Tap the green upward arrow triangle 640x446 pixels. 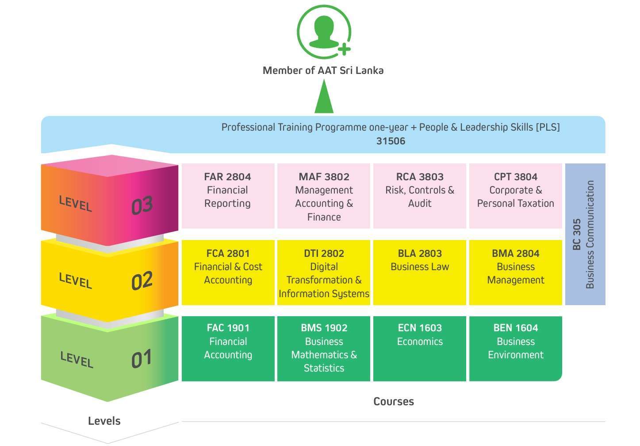[x=324, y=98]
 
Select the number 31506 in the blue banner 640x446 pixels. [x=391, y=141]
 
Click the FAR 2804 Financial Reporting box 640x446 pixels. [x=228, y=195]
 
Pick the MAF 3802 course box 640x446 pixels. [x=324, y=195]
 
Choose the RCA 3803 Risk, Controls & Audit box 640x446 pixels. [x=420, y=195]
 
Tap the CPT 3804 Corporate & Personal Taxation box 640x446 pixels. [x=515, y=195]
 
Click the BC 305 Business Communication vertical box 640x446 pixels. [x=585, y=234]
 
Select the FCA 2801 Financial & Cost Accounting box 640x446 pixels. [x=228, y=272]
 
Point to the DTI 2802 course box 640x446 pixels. [x=324, y=272]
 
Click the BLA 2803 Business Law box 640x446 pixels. [x=420, y=272]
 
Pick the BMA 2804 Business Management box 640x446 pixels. [x=515, y=272]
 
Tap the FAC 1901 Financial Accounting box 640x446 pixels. [x=228, y=348]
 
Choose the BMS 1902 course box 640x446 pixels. [x=324, y=348]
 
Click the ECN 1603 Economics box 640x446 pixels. [x=420, y=348]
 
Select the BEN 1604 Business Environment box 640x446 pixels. [x=515, y=348]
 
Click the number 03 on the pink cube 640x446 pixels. [x=142, y=206]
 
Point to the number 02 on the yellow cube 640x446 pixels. [x=142, y=281]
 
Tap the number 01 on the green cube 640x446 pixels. [x=142, y=359]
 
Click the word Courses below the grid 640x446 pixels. [x=394, y=401]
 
